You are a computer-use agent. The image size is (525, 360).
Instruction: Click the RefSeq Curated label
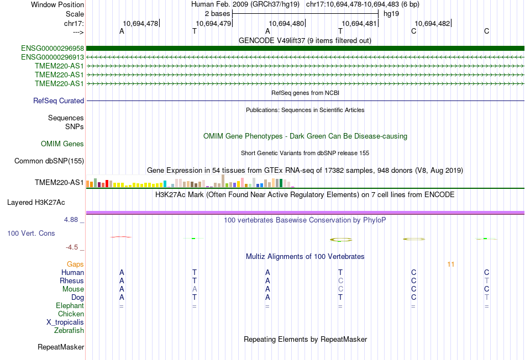click(59, 101)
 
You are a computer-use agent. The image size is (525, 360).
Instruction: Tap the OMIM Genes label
click(62, 144)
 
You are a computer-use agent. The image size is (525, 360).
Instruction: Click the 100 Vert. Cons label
click(31, 234)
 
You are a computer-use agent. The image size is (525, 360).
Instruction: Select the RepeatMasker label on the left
click(61, 347)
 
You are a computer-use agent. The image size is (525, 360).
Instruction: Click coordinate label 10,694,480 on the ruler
click(286, 24)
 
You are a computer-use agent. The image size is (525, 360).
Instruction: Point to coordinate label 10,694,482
click(432, 24)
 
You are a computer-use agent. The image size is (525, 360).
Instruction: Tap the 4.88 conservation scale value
click(71, 220)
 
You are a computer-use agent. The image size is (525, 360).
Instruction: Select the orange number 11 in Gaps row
click(451, 264)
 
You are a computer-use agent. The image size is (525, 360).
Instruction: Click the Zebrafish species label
click(69, 331)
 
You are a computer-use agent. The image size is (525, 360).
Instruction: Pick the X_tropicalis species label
click(65, 322)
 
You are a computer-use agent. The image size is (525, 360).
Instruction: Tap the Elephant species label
click(70, 306)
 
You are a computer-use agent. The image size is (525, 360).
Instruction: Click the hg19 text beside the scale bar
click(391, 13)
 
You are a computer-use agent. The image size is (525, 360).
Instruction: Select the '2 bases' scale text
click(217, 13)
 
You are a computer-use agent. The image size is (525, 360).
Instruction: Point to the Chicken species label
click(71, 314)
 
